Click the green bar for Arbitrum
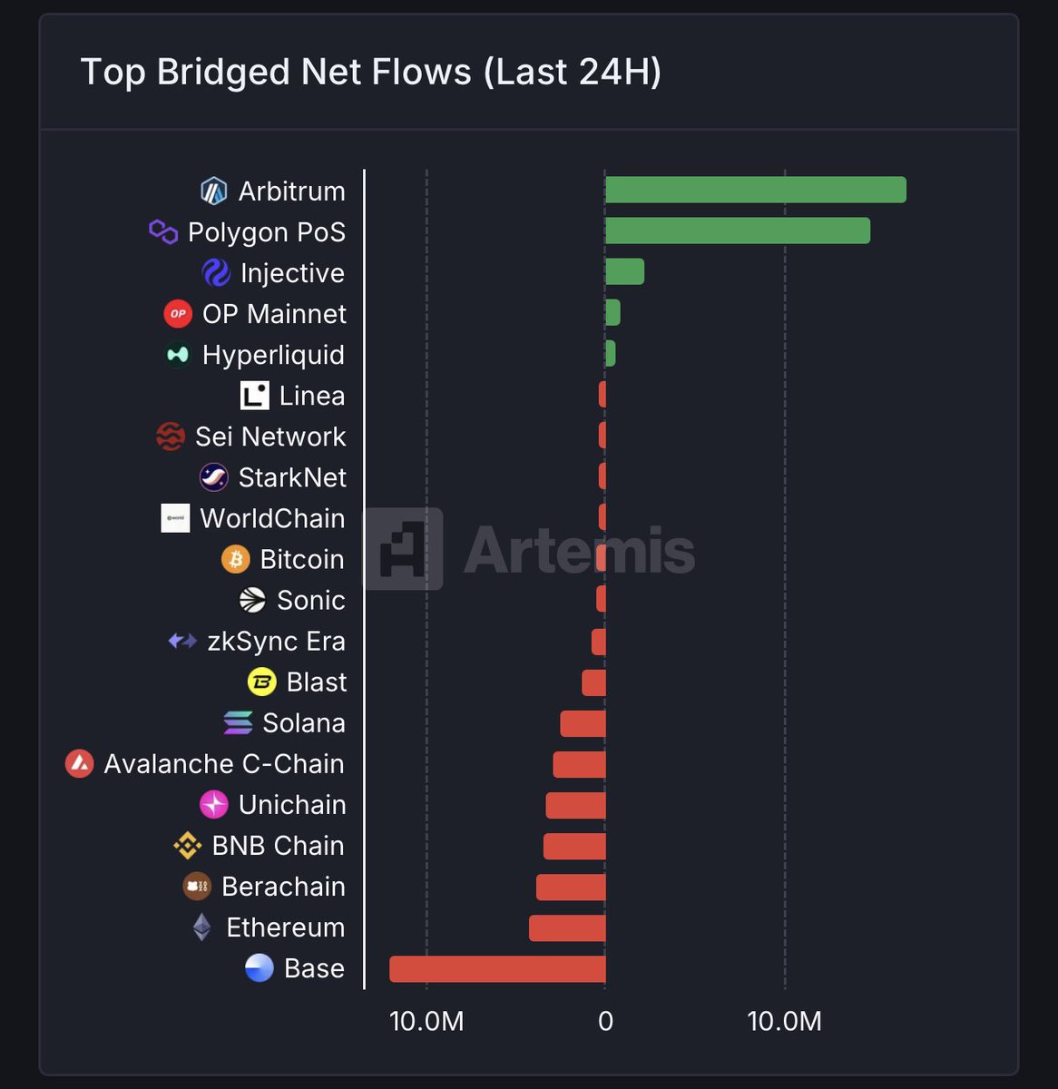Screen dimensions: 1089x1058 click(756, 191)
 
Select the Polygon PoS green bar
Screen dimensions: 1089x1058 click(738, 231)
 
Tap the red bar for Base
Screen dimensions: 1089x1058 click(497, 969)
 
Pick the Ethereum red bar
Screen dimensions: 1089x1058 click(567, 928)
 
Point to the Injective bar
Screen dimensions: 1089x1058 click(625, 272)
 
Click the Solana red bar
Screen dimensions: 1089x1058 click(583, 724)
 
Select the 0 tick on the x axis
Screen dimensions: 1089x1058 click(605, 1022)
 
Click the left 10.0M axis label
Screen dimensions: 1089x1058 click(426, 1022)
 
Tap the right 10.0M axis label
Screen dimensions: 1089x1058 click(784, 1022)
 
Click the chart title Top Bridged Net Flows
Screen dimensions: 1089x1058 click(370, 72)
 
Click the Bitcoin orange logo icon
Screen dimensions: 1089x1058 click(236, 559)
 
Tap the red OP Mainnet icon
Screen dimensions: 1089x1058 click(178, 314)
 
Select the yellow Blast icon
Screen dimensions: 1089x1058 click(262, 682)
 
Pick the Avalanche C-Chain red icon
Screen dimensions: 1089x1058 click(80, 764)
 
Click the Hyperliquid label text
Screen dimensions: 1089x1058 click(273, 355)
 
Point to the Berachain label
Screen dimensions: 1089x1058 click(283, 887)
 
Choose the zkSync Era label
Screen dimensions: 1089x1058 click(276, 642)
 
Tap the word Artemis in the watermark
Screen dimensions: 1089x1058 click(579, 550)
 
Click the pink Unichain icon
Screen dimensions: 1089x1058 click(214, 805)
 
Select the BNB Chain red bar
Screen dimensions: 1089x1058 click(574, 847)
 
